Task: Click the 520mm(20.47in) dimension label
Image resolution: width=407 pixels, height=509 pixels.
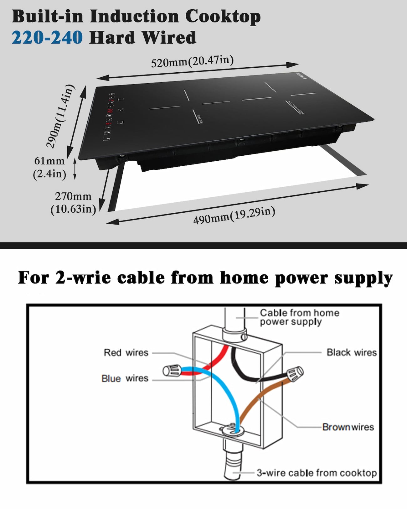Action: click(x=192, y=61)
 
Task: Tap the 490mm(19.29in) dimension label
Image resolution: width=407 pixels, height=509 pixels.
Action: click(x=234, y=215)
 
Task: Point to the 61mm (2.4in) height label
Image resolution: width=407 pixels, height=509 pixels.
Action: click(x=50, y=167)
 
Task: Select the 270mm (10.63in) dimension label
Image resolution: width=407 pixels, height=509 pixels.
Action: click(x=73, y=203)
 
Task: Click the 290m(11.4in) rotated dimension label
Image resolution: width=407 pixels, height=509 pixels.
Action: click(x=60, y=116)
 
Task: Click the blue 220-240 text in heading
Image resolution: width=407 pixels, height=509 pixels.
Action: click(x=47, y=38)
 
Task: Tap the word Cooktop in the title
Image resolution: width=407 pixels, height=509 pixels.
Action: click(x=223, y=16)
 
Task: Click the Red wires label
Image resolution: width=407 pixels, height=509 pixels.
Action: click(x=126, y=353)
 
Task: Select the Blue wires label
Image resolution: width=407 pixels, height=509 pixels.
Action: click(x=125, y=378)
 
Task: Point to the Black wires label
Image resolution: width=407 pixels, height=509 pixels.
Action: click(x=351, y=352)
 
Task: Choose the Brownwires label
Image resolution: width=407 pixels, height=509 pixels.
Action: click(x=348, y=427)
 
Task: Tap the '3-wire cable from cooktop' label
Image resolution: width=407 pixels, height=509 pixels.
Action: click(x=317, y=473)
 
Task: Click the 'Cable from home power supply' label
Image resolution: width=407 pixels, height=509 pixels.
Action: click(x=299, y=317)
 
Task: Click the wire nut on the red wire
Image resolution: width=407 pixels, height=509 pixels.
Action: click(x=172, y=371)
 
